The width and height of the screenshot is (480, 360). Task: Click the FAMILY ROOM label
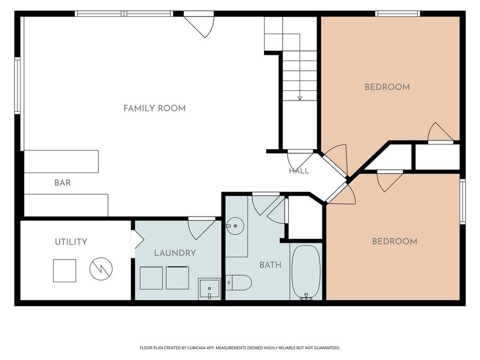(154, 109)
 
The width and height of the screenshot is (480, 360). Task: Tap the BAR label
(62, 183)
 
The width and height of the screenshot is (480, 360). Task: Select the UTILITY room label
(71, 242)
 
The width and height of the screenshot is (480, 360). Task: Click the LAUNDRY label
(175, 253)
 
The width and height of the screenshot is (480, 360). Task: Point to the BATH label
(270, 265)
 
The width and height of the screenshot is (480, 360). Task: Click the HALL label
(299, 171)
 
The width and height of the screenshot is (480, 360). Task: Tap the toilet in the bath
(239, 282)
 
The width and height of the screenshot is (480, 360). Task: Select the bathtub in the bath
(306, 272)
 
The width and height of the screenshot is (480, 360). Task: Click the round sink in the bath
(235, 226)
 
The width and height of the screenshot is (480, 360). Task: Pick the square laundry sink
(209, 289)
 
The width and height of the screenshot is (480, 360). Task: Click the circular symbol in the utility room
(101, 269)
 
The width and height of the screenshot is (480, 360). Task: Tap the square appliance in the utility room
(65, 271)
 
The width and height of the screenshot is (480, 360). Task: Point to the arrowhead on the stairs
(299, 98)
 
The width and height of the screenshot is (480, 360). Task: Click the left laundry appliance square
(151, 278)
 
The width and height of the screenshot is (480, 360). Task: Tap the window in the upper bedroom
(398, 14)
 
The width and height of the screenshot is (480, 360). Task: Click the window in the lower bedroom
(462, 201)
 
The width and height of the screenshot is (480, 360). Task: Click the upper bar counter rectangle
(61, 161)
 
